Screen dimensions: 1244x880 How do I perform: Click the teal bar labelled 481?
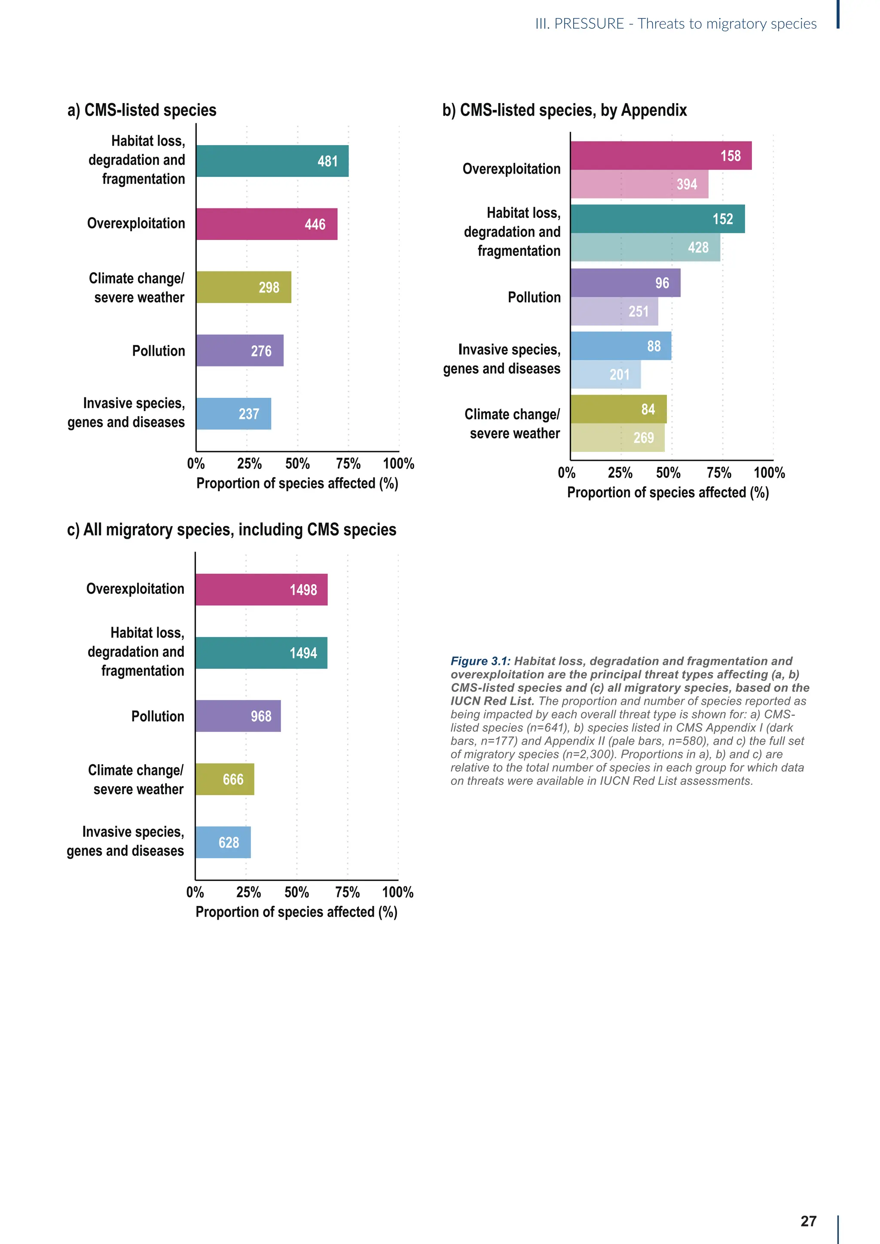(272, 161)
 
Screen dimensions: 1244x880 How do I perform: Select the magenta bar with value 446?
(266, 224)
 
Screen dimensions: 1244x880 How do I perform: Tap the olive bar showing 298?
(243, 287)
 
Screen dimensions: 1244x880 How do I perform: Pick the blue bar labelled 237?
(234, 414)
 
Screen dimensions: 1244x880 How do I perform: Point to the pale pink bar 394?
(639, 184)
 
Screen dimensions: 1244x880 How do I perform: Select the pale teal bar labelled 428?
(645, 247)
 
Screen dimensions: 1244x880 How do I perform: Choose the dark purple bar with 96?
(625, 283)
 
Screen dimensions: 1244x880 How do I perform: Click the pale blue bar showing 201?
(605, 375)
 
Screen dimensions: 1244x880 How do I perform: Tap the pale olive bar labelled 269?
(617, 438)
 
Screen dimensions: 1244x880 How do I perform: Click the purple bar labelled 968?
(238, 716)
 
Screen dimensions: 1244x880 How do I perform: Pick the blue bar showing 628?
(223, 842)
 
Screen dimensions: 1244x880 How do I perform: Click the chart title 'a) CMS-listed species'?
(142, 110)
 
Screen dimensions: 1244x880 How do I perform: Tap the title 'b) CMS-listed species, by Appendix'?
(564, 110)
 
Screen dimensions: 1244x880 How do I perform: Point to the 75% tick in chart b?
(718, 473)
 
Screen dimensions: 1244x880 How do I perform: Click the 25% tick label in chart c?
(248, 892)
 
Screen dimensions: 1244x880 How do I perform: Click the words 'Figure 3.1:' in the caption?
(480, 661)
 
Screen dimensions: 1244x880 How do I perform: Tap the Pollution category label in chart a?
(158, 351)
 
